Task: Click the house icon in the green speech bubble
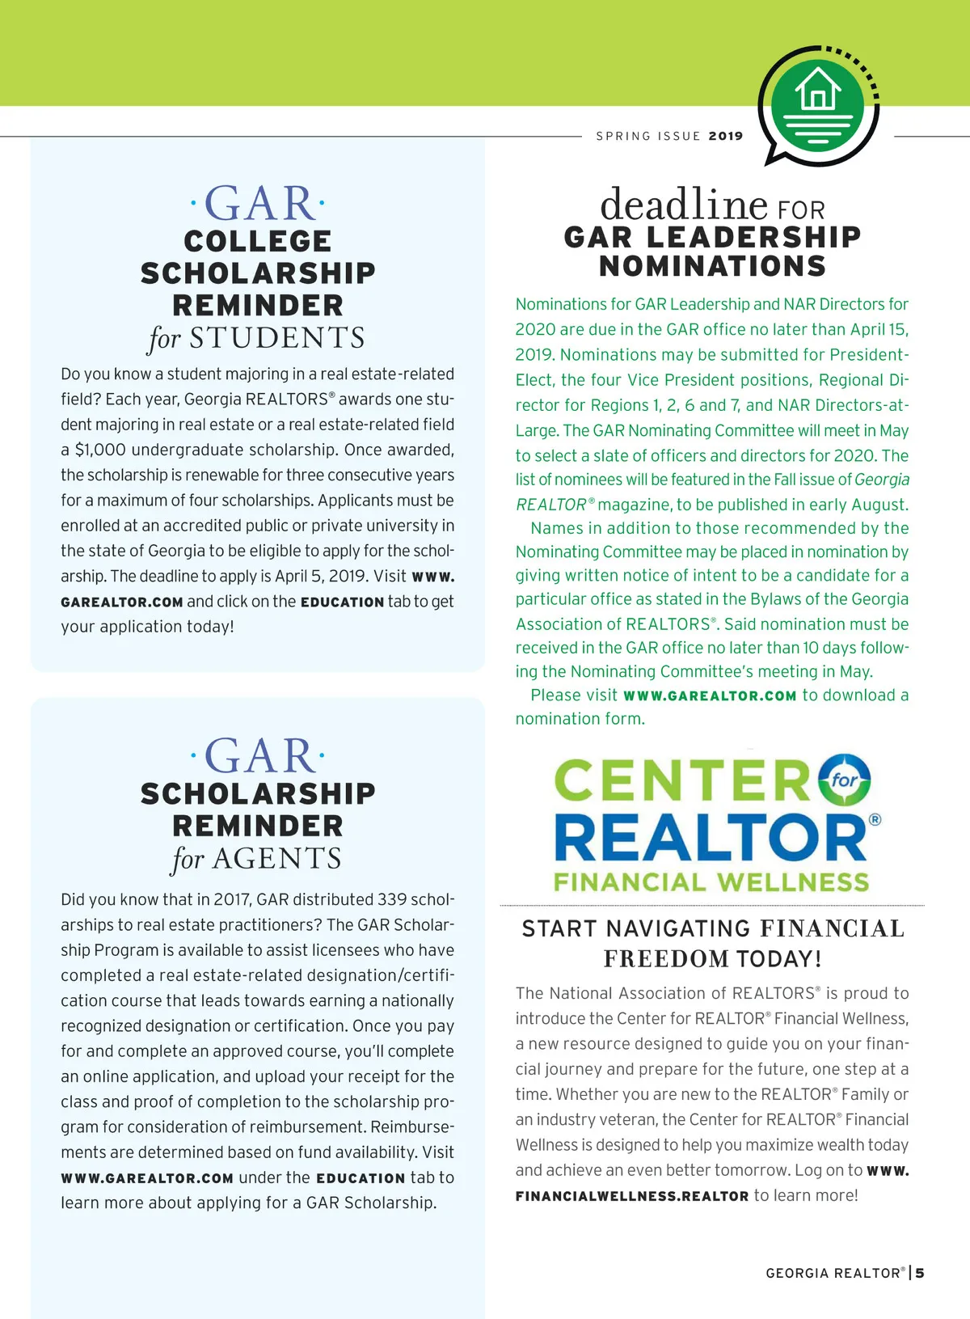[x=818, y=90]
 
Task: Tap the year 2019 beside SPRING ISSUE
[x=725, y=136]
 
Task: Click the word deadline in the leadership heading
[x=683, y=204]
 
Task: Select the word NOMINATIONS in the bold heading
[x=712, y=266]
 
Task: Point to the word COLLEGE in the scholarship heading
[x=258, y=241]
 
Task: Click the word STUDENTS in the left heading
[x=277, y=338]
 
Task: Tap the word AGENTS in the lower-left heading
[x=277, y=858]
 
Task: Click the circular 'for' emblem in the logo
[x=844, y=780]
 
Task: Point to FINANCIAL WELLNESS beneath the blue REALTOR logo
[x=711, y=881]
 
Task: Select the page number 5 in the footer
[x=920, y=1273]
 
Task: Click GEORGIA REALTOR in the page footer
[x=833, y=1273]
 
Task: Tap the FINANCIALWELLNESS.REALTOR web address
[x=632, y=1196]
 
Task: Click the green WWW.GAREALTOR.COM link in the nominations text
[x=710, y=695]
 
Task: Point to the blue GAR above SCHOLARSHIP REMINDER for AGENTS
[x=258, y=757]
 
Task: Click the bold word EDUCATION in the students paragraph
[x=342, y=602]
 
